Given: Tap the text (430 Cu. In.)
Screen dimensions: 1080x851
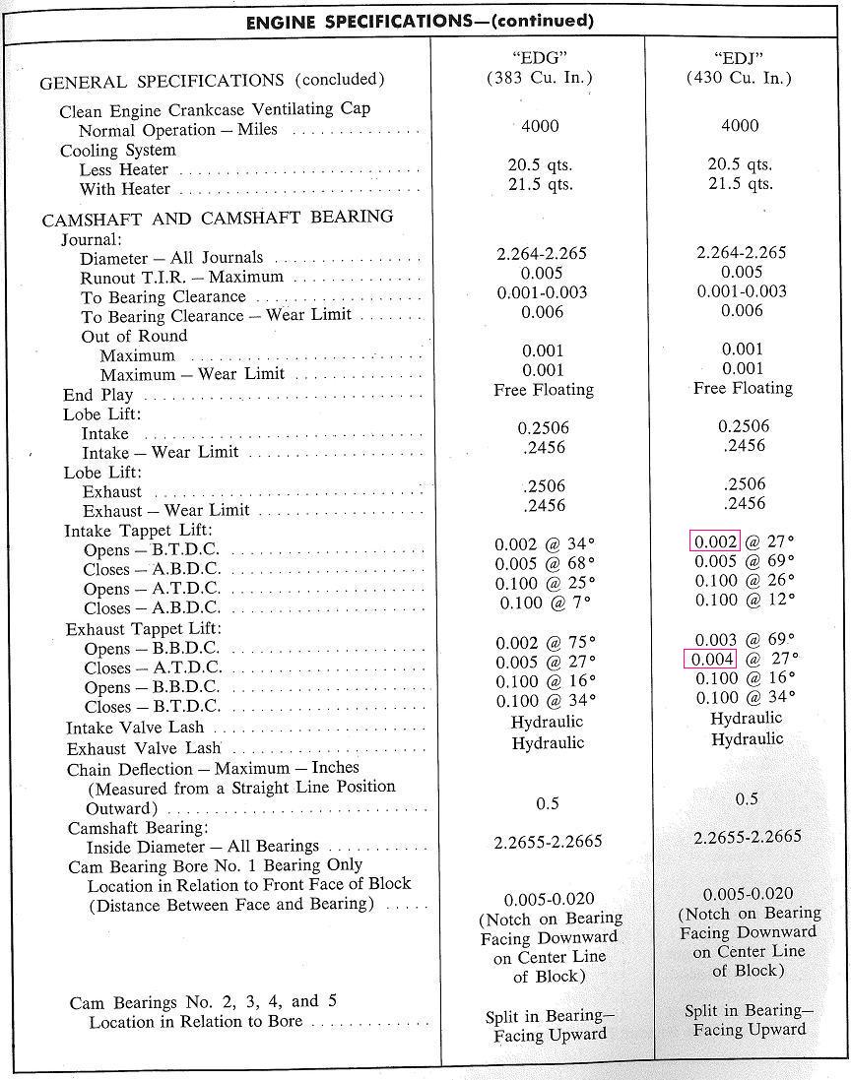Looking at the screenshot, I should click(x=739, y=78).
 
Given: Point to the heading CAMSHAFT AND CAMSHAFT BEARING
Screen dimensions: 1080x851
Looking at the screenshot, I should click(x=218, y=218).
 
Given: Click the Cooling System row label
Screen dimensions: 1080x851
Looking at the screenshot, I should click(x=118, y=151).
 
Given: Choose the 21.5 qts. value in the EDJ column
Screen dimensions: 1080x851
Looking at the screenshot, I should click(x=740, y=184).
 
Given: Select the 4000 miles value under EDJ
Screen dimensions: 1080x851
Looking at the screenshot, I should click(x=740, y=125).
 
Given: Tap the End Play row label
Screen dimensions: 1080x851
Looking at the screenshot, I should click(x=98, y=395).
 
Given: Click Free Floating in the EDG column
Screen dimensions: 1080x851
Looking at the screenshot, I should click(x=544, y=390).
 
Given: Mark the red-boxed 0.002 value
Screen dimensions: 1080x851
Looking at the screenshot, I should click(x=715, y=541).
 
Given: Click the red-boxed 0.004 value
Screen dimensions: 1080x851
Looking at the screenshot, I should click(x=710, y=658).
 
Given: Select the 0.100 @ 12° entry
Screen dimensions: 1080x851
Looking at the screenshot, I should click(x=745, y=600).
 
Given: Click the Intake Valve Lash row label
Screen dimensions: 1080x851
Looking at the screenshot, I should click(x=135, y=728).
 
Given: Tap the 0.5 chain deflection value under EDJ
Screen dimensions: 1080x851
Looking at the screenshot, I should click(x=748, y=799).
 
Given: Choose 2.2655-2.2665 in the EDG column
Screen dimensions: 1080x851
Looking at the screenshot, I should click(x=548, y=842).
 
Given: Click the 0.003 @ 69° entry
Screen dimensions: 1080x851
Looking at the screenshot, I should click(x=745, y=639).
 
